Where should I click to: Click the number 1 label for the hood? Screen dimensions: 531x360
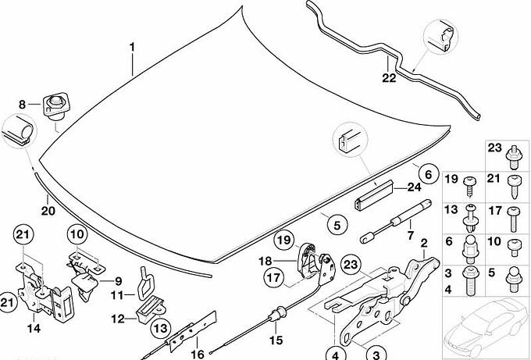[133, 47]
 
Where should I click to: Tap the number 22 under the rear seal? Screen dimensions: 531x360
[389, 78]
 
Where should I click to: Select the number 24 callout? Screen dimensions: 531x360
[414, 187]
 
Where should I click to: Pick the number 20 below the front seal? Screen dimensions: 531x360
[48, 211]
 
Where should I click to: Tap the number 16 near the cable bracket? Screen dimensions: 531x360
[198, 355]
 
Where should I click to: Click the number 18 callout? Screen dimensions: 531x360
[265, 261]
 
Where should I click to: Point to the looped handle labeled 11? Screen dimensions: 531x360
[145, 283]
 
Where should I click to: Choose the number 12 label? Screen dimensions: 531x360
[118, 319]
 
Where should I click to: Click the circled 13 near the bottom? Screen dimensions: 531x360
[161, 328]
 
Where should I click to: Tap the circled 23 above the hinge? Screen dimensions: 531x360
[351, 264]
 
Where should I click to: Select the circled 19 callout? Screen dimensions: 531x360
[284, 240]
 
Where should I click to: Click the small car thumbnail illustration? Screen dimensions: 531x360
[485, 326]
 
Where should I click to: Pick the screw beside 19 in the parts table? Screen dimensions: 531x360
[469, 186]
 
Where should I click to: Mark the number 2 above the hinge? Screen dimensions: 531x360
[424, 243]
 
